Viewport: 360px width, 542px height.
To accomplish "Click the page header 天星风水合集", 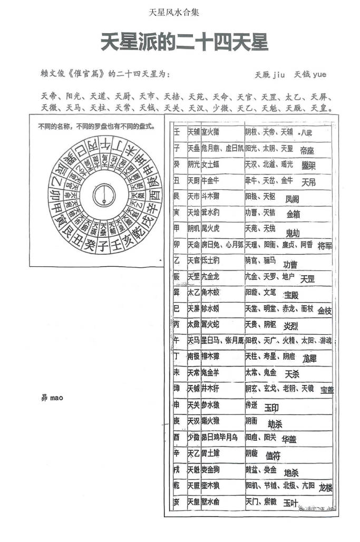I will tap(174, 12).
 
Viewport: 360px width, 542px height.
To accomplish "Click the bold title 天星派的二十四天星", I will tap(184, 43).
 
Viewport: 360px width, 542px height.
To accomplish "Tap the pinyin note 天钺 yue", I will tap(310, 75).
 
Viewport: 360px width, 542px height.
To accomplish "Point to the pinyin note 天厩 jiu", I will tap(269, 75).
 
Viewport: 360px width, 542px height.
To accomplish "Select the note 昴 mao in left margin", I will tap(52, 398).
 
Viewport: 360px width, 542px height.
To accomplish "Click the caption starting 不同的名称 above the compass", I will tap(96, 127).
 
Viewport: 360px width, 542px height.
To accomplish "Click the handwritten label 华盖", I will tap(289, 439).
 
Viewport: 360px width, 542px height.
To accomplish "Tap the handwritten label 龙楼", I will tap(326, 488).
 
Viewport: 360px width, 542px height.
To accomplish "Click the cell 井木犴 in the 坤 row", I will tap(210, 389).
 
